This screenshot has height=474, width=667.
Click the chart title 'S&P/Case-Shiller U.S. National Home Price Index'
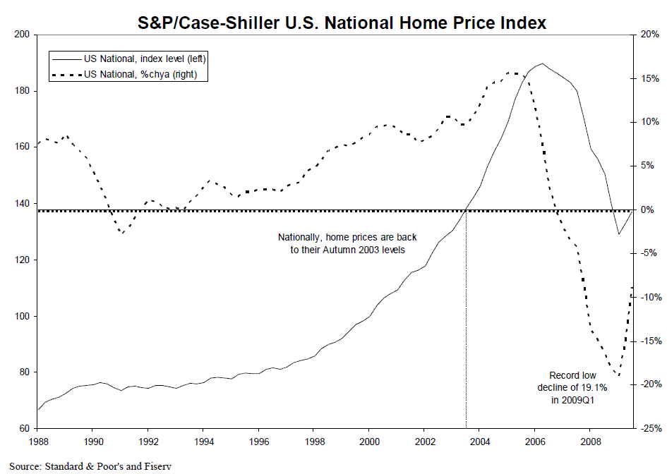pyautogui.click(x=342, y=23)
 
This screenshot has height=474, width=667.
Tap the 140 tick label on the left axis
pyautogui.click(x=22, y=203)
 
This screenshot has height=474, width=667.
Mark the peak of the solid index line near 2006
pyautogui.click(x=542, y=63)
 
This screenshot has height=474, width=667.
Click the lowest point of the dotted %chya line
pyautogui.click(x=619, y=375)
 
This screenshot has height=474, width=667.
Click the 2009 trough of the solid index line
pyautogui.click(x=619, y=233)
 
